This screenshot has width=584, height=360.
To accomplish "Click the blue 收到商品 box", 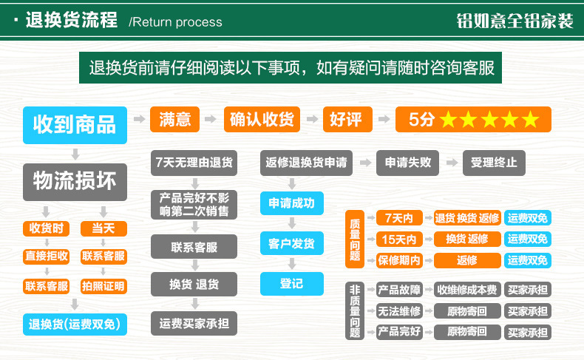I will pyautogui.click(x=75, y=124).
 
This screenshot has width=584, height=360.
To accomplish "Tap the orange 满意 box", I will pyautogui.click(x=175, y=119).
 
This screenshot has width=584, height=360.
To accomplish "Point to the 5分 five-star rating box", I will pyautogui.click(x=473, y=119).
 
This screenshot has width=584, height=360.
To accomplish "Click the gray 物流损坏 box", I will pyautogui.click(x=75, y=180).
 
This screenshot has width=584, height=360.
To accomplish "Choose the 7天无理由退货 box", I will pyautogui.click(x=194, y=163).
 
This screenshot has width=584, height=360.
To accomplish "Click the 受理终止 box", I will pyautogui.click(x=494, y=163).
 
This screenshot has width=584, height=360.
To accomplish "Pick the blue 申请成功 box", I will pyautogui.click(x=291, y=203).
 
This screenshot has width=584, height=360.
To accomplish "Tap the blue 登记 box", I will pyautogui.click(x=291, y=283).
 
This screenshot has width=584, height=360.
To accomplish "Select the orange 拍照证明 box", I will pyautogui.click(x=103, y=285).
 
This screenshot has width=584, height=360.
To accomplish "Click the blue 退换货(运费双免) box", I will pyautogui.click(x=75, y=323).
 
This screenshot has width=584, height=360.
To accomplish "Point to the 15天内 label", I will pyautogui.click(x=399, y=239).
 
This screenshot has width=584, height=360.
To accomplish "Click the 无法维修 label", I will pyautogui.click(x=399, y=311).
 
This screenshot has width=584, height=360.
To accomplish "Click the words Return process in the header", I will pyautogui.click(x=175, y=22).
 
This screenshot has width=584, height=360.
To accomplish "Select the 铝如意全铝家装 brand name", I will pyautogui.click(x=515, y=21).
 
